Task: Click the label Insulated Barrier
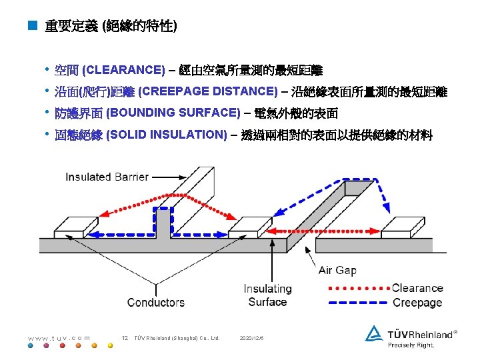(x=107, y=177)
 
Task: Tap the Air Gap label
(x=337, y=270)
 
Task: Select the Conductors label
(x=156, y=302)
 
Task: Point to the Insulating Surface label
(x=267, y=295)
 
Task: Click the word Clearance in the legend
(x=417, y=288)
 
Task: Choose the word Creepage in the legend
(x=417, y=302)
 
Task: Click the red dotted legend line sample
(x=357, y=288)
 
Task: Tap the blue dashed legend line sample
(x=357, y=302)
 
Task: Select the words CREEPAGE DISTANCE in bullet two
(x=209, y=91)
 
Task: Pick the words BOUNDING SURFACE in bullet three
(x=173, y=113)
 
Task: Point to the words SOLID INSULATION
(x=167, y=135)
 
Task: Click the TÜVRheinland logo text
(x=419, y=333)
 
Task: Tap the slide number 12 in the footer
(x=125, y=338)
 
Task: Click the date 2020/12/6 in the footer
(x=251, y=338)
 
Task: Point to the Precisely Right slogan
(x=411, y=345)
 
